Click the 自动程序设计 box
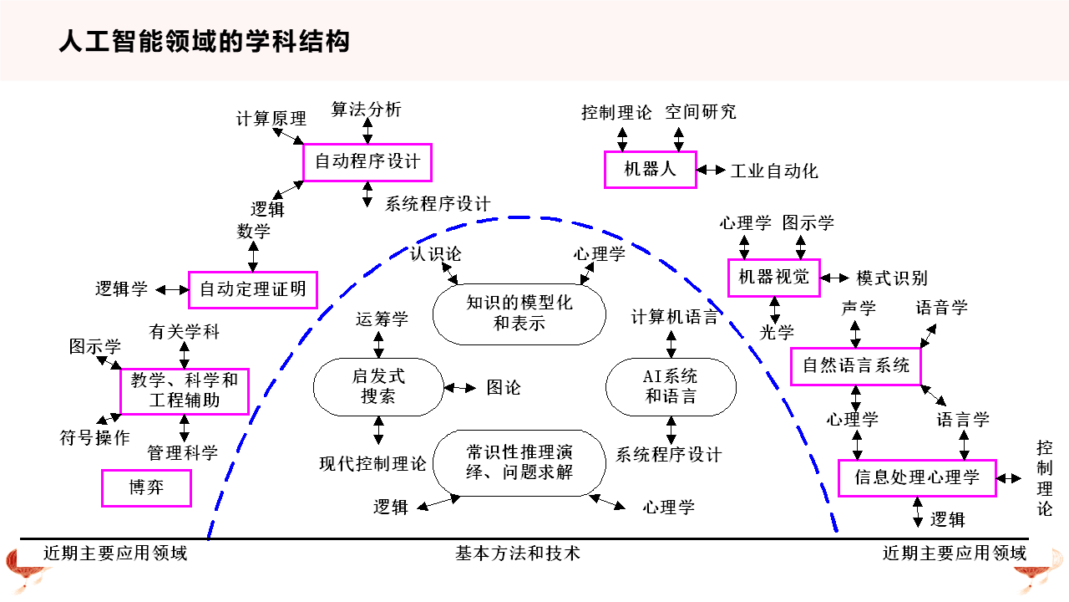pos(367,162)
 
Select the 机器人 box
pos(650,170)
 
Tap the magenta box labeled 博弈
pos(146,488)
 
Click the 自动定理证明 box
pos(252,290)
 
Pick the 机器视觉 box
pos(773,277)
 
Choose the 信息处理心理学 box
pos(916,478)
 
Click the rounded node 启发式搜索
pos(377,387)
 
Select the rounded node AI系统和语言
pos(671,387)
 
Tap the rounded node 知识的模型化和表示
pos(519,314)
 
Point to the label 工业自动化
pos(774,171)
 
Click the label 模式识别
pos(891,278)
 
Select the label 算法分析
pos(366,110)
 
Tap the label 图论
pos(504,388)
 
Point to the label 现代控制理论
pos(372,463)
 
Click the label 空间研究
pos(701,112)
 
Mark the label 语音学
pos(941,308)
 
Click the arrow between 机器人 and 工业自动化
pos(712,170)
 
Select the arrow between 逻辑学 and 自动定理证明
pos(173,290)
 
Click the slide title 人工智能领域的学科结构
pos(205,41)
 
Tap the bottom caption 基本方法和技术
pos(517,553)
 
